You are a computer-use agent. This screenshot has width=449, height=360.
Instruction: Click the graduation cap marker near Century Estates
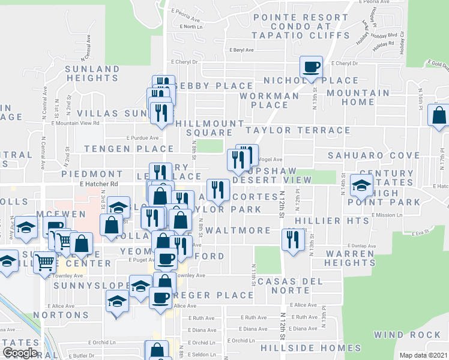click(x=361, y=185)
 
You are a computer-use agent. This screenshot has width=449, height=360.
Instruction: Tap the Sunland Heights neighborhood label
click(x=93, y=73)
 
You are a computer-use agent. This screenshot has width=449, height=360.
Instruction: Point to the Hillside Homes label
click(x=303, y=348)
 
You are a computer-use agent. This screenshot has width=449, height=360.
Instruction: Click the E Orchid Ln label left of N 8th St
click(x=101, y=342)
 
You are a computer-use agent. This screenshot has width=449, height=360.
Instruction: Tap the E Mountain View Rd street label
click(x=75, y=122)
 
